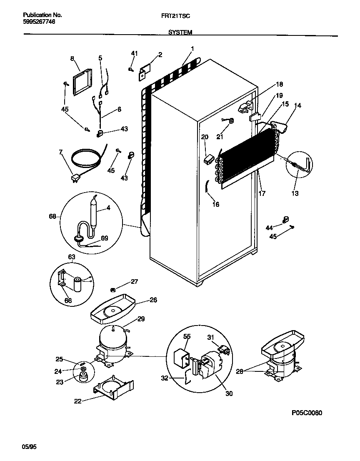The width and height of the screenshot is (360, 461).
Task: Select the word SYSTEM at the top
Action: point(180,32)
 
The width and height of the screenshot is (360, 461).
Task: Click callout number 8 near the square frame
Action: point(72,59)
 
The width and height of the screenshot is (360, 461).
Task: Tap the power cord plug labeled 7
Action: point(75,178)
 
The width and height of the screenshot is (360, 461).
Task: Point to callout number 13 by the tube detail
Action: point(295,193)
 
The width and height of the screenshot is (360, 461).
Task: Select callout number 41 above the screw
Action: point(134,53)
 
